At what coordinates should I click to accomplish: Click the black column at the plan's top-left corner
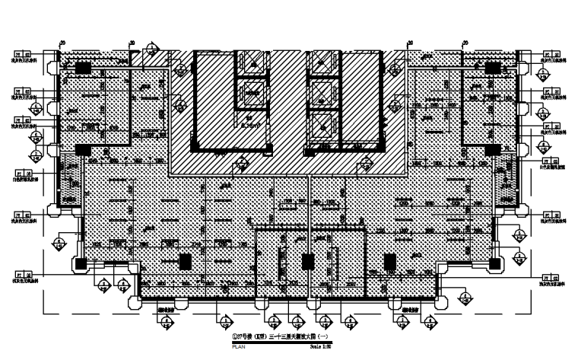[82, 68]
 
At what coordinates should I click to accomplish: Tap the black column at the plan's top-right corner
[493, 68]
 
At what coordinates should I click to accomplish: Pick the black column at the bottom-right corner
[495, 263]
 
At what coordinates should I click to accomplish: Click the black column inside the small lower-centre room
[308, 262]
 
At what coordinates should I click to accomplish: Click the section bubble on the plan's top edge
[152, 50]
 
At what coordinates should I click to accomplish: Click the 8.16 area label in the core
[249, 123]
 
